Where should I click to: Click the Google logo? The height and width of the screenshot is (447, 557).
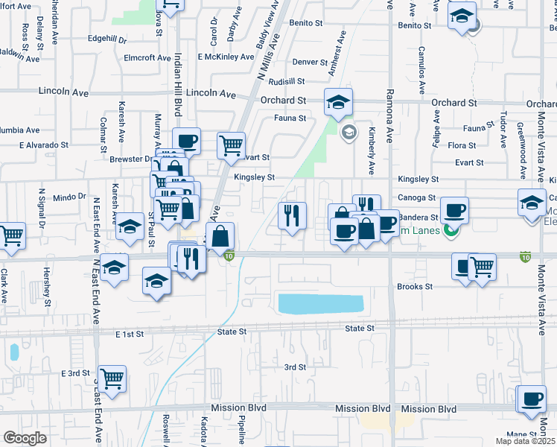click(25, 438)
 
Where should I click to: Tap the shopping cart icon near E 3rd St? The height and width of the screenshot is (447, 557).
click(112, 379)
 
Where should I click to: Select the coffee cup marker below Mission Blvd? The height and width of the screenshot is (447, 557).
click(532, 400)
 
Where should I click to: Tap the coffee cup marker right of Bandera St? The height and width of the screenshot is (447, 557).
click(453, 210)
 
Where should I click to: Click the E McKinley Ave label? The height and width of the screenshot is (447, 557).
click(226, 57)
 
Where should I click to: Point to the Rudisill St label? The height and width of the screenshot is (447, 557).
click(287, 81)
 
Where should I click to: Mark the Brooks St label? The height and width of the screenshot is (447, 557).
click(415, 286)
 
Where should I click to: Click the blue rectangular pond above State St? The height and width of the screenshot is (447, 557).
click(320, 303)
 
